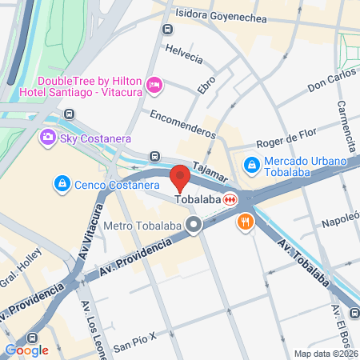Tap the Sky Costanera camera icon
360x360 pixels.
click(x=48, y=138)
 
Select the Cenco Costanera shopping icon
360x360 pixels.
click(x=61, y=185)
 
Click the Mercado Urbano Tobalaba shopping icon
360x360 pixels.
click(x=251, y=164)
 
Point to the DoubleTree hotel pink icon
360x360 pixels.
click(x=155, y=84)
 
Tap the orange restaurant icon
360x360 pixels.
click(x=245, y=223)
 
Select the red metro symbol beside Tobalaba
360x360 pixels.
click(x=230, y=199)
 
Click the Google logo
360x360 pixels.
click(x=27, y=350)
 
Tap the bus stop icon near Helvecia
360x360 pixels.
click(x=167, y=30)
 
